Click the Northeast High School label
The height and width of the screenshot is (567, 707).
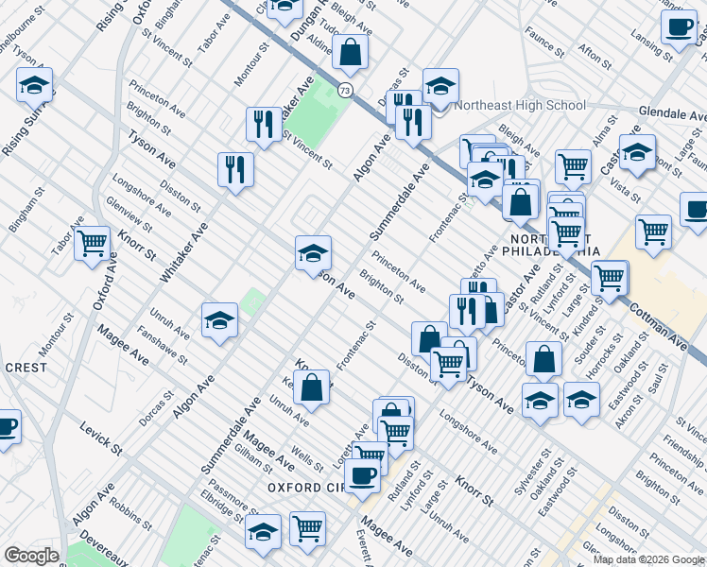tap(520, 105)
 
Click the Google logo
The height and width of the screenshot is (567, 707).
tap(30, 556)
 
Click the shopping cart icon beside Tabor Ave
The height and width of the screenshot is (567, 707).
tap(93, 244)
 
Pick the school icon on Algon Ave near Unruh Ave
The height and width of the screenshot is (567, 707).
tap(219, 319)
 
